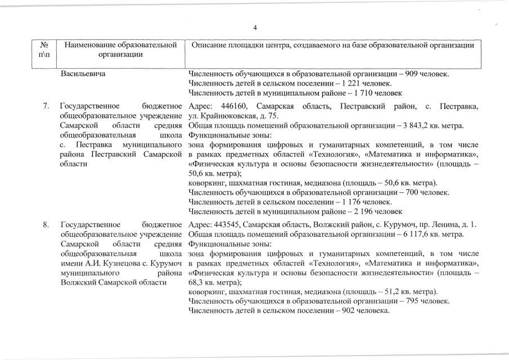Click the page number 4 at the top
[x=255, y=28]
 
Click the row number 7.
[x=46, y=107]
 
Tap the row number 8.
[x=46, y=226]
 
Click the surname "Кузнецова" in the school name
[x=115, y=263]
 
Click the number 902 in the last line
[x=351, y=311]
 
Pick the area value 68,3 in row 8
[x=196, y=282]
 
